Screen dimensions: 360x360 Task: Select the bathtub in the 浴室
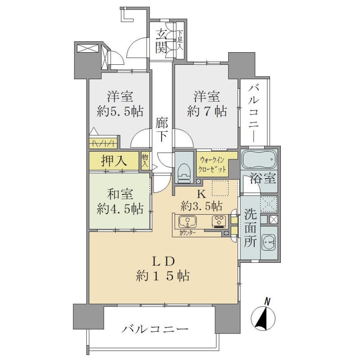tap(260, 159)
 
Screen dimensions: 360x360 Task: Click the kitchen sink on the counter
tap(187, 221)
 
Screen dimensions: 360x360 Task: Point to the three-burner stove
tap(219, 221)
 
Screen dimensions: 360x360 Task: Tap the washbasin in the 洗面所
tap(269, 242)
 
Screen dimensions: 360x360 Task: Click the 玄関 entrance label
tap(161, 41)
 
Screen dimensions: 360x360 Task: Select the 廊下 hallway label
tap(162, 129)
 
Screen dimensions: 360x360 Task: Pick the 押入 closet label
tap(114, 161)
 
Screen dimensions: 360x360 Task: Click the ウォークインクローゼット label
tap(212, 164)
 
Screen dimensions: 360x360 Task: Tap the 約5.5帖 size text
tap(120, 111)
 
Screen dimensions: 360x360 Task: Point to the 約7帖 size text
tap(207, 111)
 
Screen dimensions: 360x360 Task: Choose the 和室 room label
tap(120, 194)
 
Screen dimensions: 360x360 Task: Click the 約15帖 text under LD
tap(163, 275)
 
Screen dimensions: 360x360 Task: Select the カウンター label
tap(187, 233)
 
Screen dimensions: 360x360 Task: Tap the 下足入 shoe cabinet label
tap(180, 40)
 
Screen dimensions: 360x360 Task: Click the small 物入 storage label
tap(145, 160)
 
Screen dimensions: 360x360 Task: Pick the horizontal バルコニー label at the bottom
tap(155, 330)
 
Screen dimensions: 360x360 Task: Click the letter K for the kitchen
tap(202, 194)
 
